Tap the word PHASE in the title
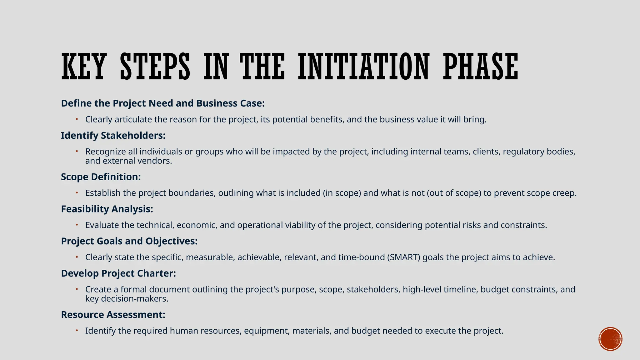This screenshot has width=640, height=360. (x=481, y=67)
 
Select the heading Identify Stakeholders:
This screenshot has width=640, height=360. (x=113, y=136)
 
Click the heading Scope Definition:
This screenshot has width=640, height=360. (x=101, y=177)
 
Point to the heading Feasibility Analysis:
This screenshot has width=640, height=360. (x=107, y=209)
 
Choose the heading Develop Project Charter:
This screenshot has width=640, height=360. (x=118, y=273)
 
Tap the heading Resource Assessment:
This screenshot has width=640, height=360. (x=113, y=315)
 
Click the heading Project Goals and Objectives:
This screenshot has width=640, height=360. (x=129, y=241)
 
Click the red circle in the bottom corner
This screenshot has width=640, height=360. (x=610, y=339)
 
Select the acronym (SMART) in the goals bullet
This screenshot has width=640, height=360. (x=403, y=257)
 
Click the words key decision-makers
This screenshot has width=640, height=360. (x=127, y=299)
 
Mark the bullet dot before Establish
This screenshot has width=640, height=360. (x=77, y=192)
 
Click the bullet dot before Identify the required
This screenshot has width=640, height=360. (x=77, y=330)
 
